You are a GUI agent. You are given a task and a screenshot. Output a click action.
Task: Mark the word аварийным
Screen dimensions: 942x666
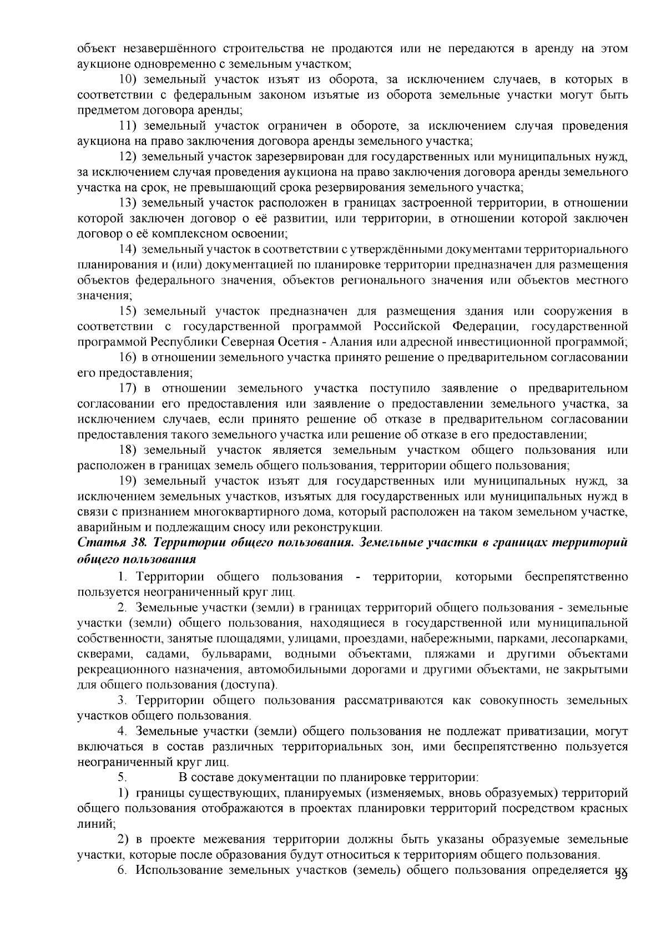click(x=103, y=526)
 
